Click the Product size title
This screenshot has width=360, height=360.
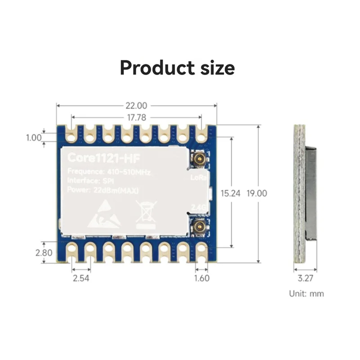point(177,68)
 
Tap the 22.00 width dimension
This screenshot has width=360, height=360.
point(136,106)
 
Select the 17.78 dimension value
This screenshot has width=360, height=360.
point(136,117)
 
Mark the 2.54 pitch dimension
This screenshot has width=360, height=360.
point(81,278)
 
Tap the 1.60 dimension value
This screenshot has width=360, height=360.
point(201,278)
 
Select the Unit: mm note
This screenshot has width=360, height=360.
point(306,293)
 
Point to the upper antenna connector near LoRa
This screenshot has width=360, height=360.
point(197,158)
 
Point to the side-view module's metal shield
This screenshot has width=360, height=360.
point(310,193)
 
